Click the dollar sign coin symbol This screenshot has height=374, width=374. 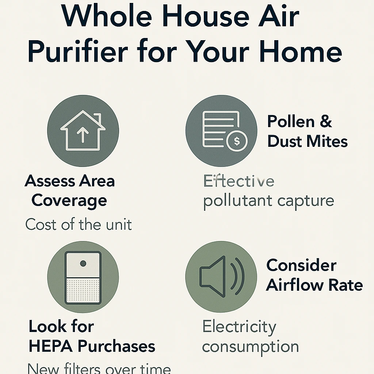click(x=237, y=141)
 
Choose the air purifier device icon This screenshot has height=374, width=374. click(x=83, y=278)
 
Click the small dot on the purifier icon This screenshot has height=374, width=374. click(x=83, y=263)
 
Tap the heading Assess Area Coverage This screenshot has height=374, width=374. click(x=69, y=191)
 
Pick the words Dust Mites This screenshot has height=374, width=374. click(x=307, y=141)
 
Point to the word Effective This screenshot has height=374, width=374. click(x=238, y=181)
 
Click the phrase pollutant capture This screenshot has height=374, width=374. click(x=268, y=201)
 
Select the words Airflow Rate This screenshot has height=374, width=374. click(x=314, y=285)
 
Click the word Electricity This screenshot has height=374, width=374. click(x=239, y=327)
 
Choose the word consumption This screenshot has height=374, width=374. click(x=250, y=347)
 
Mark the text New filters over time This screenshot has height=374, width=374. click(x=99, y=368)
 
